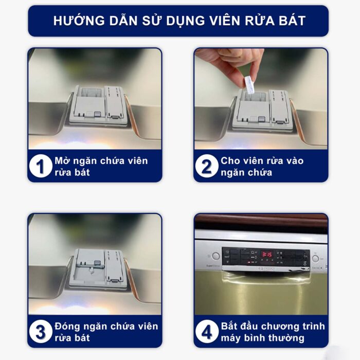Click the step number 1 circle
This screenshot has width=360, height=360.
point(41,167)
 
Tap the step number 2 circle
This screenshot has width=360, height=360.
point(207,167)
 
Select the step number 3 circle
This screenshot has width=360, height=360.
point(41,332)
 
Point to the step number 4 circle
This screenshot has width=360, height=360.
point(207,332)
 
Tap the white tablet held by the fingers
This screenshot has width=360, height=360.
point(249,84)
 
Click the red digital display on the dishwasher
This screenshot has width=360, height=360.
point(266,254)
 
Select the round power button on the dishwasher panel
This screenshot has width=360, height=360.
point(215,256)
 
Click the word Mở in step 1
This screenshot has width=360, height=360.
point(61,160)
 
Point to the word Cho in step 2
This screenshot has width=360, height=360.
point(231,160)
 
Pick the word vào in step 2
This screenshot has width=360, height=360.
point(293,160)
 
